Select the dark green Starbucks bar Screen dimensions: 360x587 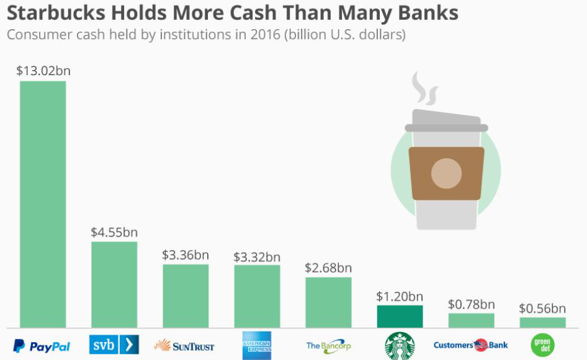(x=400, y=317)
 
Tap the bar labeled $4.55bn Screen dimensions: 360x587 (x=114, y=284)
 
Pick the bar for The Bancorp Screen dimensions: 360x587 (x=328, y=302)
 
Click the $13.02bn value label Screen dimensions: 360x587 (x=43, y=70)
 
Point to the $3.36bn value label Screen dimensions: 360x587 (x=186, y=254)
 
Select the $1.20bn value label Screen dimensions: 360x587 (x=400, y=296)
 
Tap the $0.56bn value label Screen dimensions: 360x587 (x=542, y=308)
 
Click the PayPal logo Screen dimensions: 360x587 (x=42, y=346)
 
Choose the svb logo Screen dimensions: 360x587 (x=114, y=344)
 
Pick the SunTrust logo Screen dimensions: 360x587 (x=184, y=346)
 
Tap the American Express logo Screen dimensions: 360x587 (x=256, y=345)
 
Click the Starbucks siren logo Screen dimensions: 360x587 (x=400, y=346)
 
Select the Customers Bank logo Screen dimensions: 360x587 (x=470, y=345)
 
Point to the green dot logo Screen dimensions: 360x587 (x=542, y=345)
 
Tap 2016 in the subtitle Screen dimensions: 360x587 (x=266, y=34)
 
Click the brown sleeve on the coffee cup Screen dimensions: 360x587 (x=446, y=173)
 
